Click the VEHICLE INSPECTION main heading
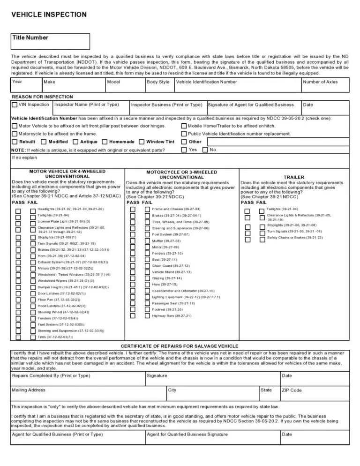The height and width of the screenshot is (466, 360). coord(49,15)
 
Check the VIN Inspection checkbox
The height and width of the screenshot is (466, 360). coord(15,105)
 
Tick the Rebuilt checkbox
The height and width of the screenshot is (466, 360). coord(15,142)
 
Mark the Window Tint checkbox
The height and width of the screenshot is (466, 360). coord(142,142)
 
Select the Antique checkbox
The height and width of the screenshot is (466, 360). coord(76,142)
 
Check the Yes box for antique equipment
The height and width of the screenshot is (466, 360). coord(184,150)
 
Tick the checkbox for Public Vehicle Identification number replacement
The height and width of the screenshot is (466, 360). coord(184,134)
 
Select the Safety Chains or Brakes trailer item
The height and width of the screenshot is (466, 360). coord(295,238)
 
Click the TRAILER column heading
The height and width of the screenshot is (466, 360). coord(294,178)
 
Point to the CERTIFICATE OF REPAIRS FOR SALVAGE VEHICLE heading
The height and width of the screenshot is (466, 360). coord(180,346)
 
